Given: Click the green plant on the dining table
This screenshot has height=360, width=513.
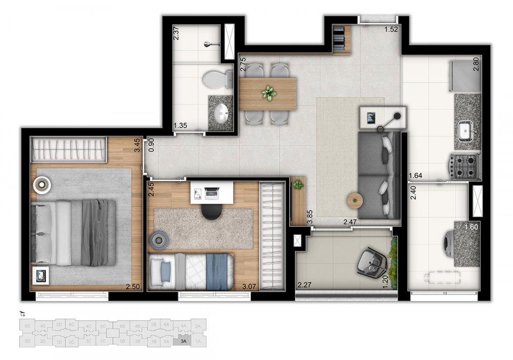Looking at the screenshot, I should click(268, 93).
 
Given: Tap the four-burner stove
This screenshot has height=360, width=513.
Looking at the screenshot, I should click(465, 166).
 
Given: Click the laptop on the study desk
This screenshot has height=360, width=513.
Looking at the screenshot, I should click(211, 193).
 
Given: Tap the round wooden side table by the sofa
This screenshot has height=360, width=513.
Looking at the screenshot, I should click(354, 200).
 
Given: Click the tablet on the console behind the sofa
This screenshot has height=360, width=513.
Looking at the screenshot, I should click(370, 118).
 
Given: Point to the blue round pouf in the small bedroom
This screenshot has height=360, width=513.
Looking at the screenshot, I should click(159, 239).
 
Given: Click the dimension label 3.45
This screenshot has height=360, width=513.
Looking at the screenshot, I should click(137, 144).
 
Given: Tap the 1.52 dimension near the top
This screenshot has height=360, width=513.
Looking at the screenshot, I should click(391, 29).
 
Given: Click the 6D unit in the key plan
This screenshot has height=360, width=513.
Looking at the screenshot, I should click(29, 326).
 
